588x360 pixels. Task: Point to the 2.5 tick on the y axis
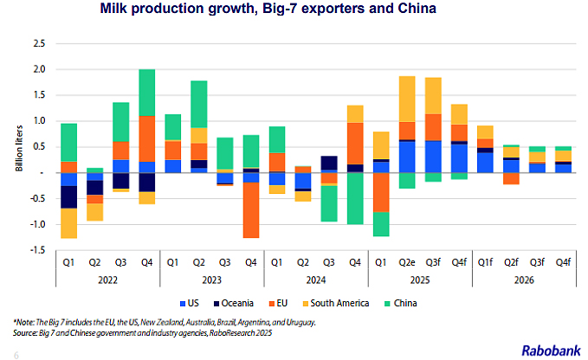point(37,42)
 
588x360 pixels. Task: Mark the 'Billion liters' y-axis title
point(19,147)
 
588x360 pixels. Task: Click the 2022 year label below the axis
point(107,279)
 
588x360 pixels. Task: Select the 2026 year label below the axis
point(523,279)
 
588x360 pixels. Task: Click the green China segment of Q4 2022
point(147,92)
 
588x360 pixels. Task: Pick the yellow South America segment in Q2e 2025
point(406,99)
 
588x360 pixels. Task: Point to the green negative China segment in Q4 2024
point(356,198)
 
